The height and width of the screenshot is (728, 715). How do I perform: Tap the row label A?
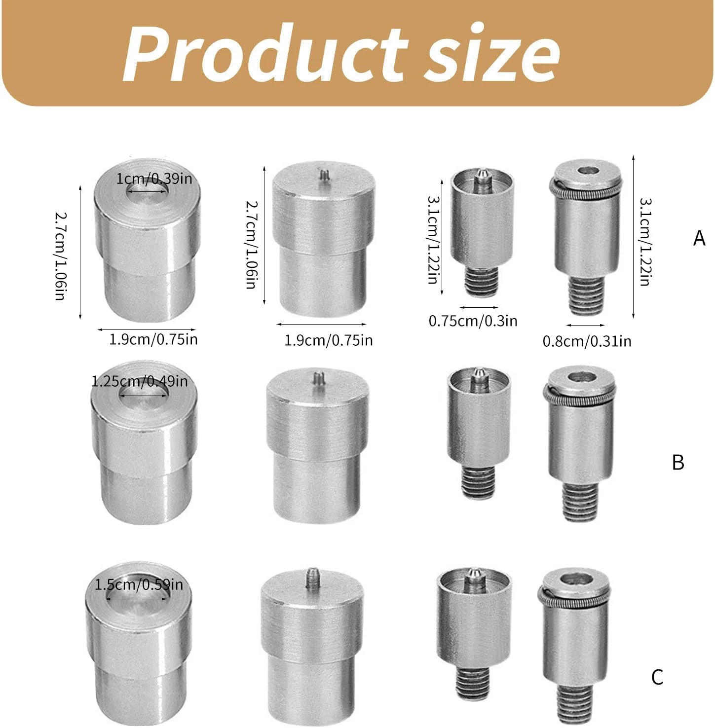pos(699,238)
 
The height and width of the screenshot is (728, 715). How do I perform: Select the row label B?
pos(678,463)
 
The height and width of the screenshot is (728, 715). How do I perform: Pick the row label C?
pos(657,677)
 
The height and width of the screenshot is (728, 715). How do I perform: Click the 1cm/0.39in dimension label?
pos(154,179)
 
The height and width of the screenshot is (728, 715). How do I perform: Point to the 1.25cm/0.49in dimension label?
pos(140,381)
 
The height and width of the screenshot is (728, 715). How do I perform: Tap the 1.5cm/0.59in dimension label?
pos(139,585)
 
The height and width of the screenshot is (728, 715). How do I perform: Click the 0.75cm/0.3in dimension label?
pos(473,321)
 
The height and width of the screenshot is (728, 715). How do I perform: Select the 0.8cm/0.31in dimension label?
pos(587,341)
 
